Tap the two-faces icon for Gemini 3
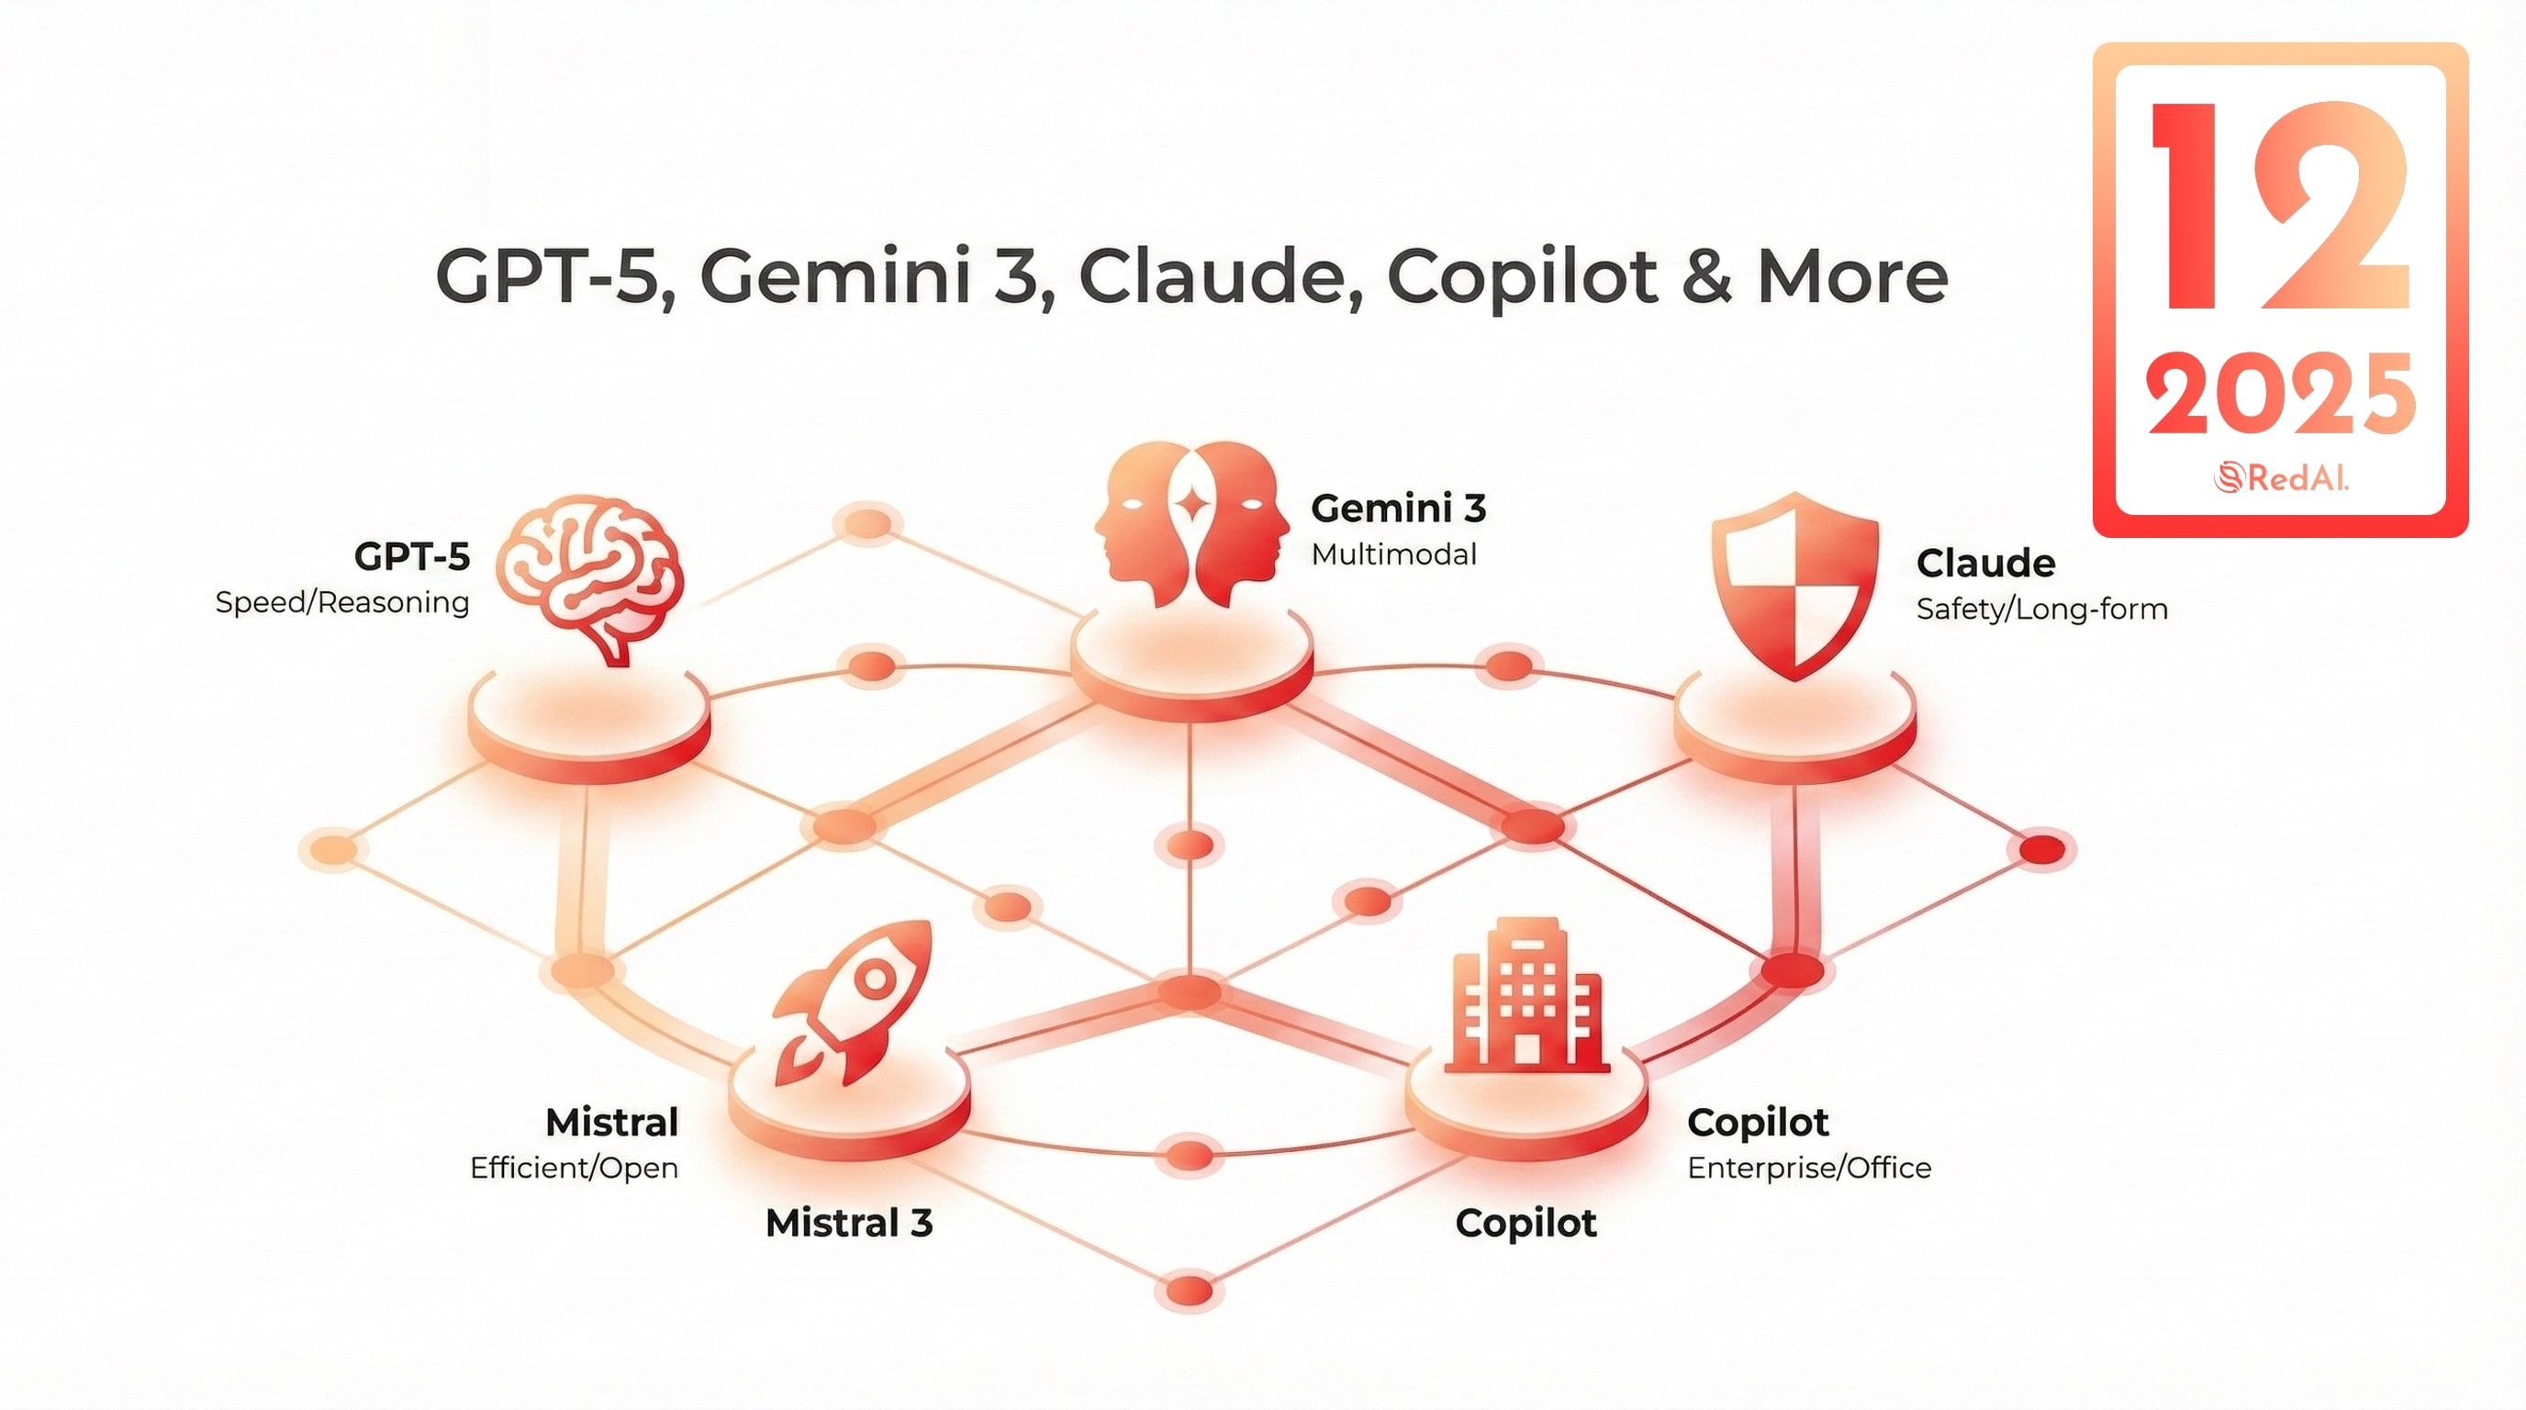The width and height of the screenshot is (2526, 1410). coord(1191,523)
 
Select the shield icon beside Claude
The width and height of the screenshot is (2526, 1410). coord(1794,587)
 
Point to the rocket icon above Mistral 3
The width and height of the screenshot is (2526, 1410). coord(851,1002)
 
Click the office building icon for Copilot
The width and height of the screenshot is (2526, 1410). coord(1526,994)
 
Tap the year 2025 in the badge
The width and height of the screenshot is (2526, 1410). coord(2280,393)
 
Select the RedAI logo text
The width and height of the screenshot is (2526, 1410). coord(2282,477)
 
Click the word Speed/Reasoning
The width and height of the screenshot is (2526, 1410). coord(342,603)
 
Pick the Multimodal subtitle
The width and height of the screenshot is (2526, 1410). coord(1393,555)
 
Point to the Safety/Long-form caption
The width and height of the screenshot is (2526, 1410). coord(2041,609)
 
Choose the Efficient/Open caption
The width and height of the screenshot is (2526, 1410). coord(574,1168)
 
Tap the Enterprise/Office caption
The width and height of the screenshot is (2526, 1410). coord(1809,1168)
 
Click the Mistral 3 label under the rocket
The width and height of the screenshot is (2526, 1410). coord(848,1223)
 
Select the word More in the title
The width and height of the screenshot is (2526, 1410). coord(1851,276)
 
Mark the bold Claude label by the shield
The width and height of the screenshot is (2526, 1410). coord(1985,563)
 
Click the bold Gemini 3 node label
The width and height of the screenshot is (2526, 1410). coord(1398,508)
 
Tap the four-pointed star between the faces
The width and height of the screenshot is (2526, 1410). coord(1192,506)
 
